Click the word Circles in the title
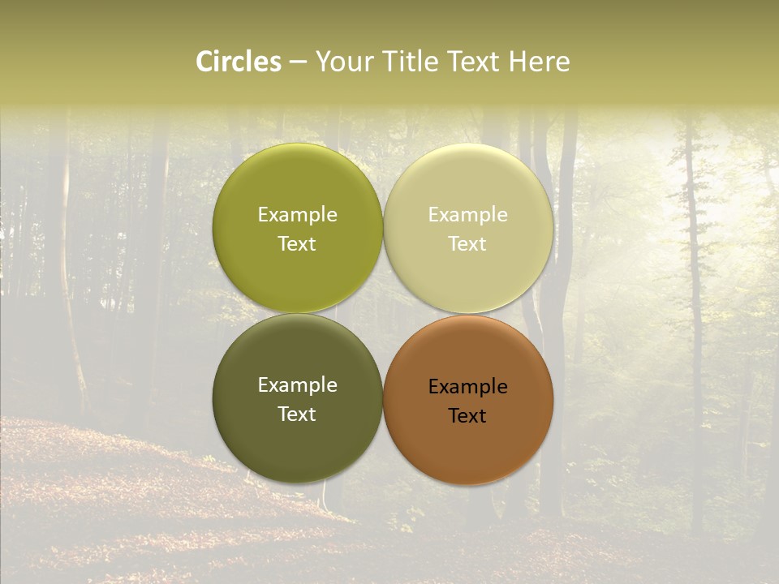click(x=239, y=62)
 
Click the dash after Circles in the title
click(x=297, y=62)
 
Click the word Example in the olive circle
click(x=297, y=215)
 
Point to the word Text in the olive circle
click(x=297, y=244)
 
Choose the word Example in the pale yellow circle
click(x=467, y=215)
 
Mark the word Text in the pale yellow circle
click(x=467, y=244)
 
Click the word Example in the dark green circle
click(x=297, y=385)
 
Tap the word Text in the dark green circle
click(x=297, y=414)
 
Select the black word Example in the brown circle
click(x=467, y=387)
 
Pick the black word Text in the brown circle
click(x=467, y=416)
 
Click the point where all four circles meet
click(x=383, y=313)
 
